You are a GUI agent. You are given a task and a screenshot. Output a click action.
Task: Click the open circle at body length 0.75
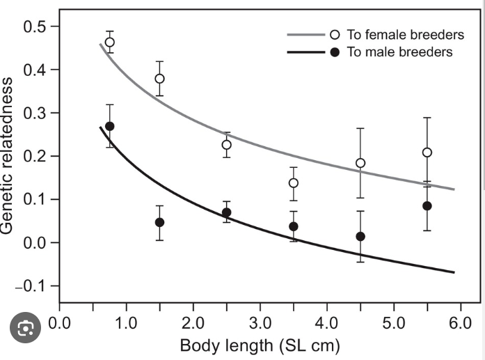tap(109, 42)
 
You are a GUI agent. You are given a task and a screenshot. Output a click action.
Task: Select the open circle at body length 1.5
tap(159, 79)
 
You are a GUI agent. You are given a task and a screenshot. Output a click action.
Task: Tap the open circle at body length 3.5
tap(294, 183)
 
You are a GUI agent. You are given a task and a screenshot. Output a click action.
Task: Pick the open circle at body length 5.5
tap(427, 152)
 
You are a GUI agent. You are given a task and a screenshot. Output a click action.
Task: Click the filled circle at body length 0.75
tap(109, 126)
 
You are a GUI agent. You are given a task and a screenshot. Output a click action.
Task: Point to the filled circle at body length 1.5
tap(159, 222)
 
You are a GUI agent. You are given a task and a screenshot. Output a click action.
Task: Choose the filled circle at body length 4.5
tap(360, 237)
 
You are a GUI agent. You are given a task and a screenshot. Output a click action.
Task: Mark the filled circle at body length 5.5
tap(427, 206)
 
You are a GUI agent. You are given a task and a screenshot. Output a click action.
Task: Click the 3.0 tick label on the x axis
tap(260, 324)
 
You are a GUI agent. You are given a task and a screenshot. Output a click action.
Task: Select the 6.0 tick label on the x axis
tap(460, 324)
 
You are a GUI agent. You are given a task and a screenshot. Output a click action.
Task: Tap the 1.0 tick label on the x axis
tap(126, 324)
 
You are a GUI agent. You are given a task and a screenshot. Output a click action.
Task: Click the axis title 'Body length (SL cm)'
tap(260, 345)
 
